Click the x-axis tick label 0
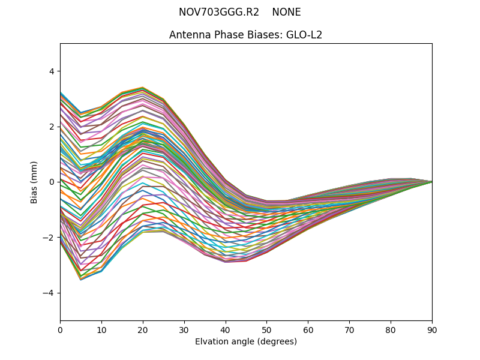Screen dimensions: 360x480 pos(60,329)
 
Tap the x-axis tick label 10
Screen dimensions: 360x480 pos(101,329)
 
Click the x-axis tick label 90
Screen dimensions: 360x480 pos(432,329)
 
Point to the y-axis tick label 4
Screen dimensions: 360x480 pos(51,71)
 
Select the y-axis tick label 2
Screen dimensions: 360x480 pos(51,127)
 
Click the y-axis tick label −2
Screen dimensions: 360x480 pos(49,238)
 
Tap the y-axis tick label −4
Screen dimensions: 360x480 pos(49,293)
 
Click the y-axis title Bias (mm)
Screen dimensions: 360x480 pos(34,182)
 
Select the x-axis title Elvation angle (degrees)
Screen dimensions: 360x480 pos(246,341)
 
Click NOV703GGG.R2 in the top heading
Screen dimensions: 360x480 pos(219,13)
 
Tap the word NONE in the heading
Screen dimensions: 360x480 pos(286,13)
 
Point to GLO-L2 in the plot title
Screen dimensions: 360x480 pos(304,35)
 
